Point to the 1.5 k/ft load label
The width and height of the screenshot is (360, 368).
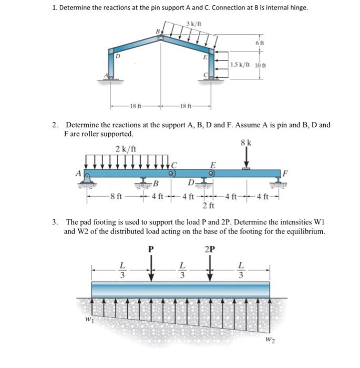click(x=240, y=65)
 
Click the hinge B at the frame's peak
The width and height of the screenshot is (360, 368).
click(x=161, y=37)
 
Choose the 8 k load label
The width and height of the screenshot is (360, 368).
click(x=246, y=142)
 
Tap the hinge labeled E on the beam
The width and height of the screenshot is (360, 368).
click(x=213, y=172)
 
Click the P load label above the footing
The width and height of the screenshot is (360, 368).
click(x=151, y=249)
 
